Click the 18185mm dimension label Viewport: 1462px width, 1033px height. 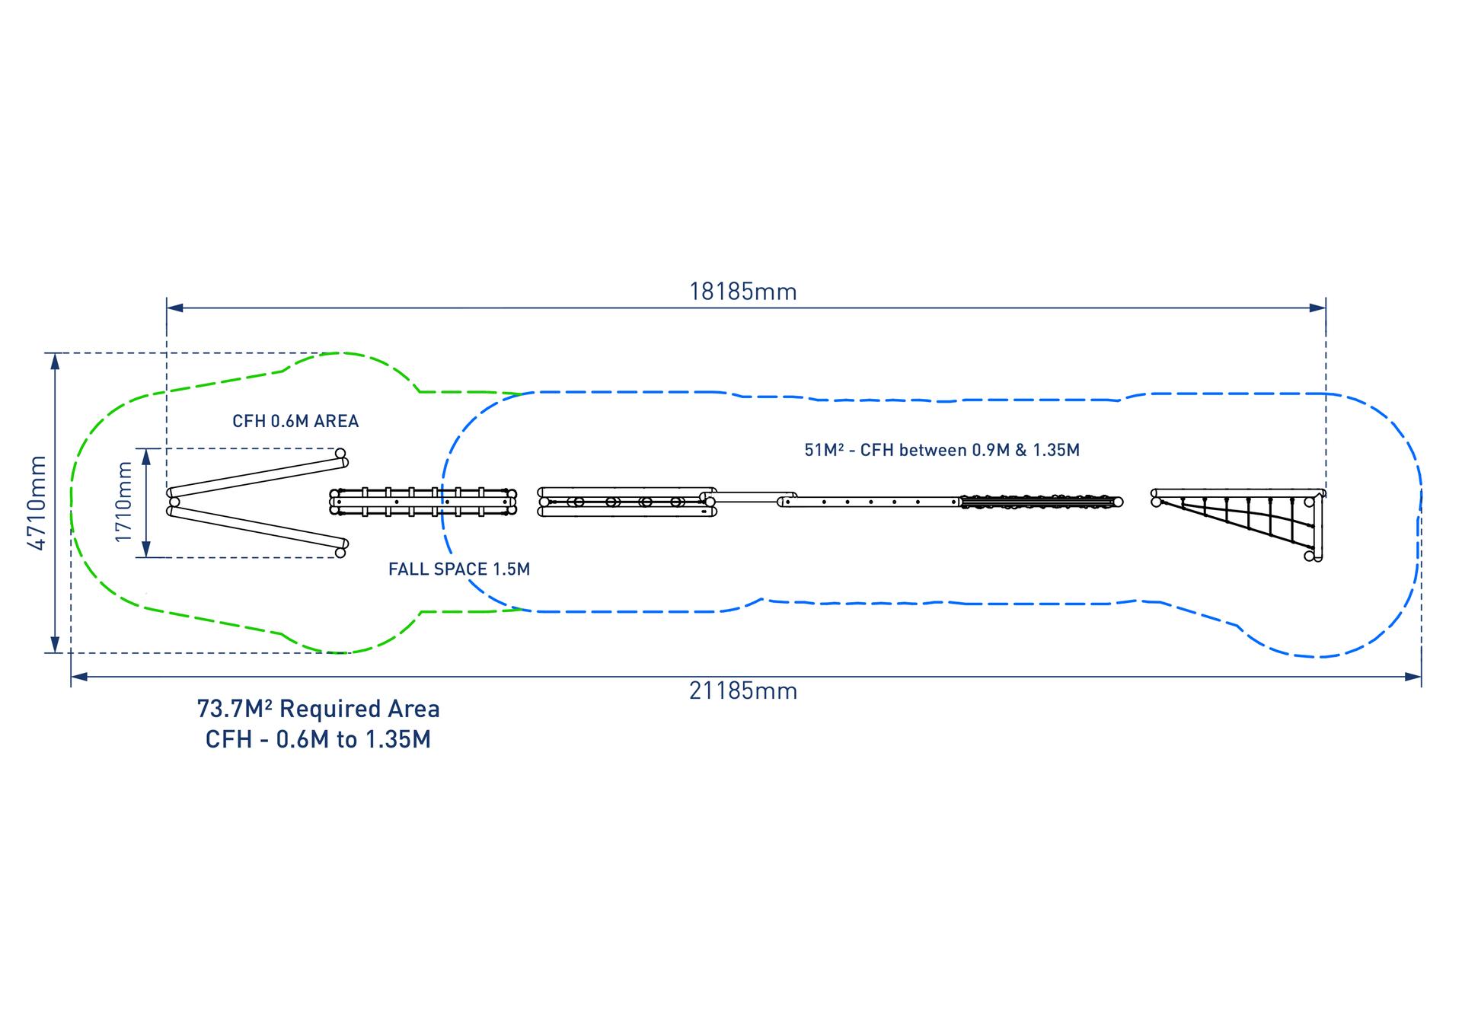pos(742,292)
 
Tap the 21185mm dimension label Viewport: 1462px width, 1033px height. pos(743,691)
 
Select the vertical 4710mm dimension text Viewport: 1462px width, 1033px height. pos(37,502)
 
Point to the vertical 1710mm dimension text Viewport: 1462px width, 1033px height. pos(123,502)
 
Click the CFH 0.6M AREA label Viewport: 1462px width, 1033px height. pos(295,421)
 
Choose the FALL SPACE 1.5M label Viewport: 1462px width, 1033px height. pos(459,569)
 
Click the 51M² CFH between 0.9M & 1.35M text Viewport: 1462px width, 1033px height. pos(942,450)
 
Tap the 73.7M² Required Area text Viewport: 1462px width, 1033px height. pos(318,709)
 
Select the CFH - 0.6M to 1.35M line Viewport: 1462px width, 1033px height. pos(318,739)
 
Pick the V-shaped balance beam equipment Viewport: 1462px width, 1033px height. pos(258,502)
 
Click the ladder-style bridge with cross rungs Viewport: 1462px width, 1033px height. pos(423,502)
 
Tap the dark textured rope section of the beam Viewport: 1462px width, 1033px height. pos(1041,502)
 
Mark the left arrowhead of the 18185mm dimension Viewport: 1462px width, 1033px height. pos(174,308)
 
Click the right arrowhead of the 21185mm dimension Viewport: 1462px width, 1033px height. pos(1413,677)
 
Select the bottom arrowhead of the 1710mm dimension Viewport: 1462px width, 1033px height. pos(147,550)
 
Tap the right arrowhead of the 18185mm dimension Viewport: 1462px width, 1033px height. pos(1317,308)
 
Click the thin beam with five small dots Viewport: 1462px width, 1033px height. pos(870,502)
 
